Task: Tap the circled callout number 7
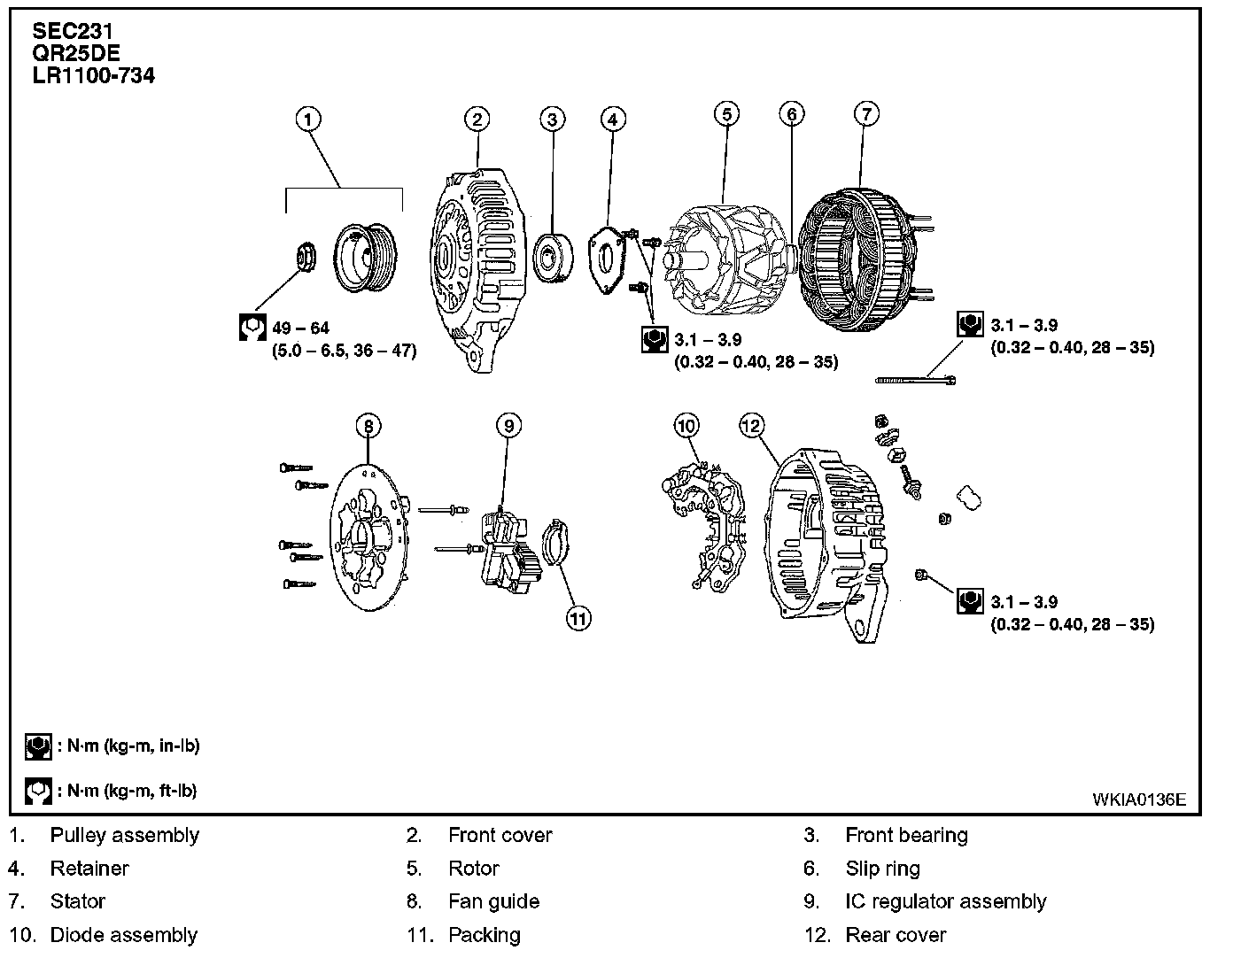point(867,113)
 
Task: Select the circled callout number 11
point(578,619)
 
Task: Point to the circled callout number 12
point(751,426)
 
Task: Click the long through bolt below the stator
point(916,380)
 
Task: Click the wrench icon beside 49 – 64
point(253,328)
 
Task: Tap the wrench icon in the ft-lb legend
point(38,791)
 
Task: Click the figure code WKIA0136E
point(1138,799)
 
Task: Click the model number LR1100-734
point(93,76)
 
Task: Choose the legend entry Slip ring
point(882,869)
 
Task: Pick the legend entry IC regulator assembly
point(945,901)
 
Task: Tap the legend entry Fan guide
point(493,901)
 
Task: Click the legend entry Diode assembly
point(123,935)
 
